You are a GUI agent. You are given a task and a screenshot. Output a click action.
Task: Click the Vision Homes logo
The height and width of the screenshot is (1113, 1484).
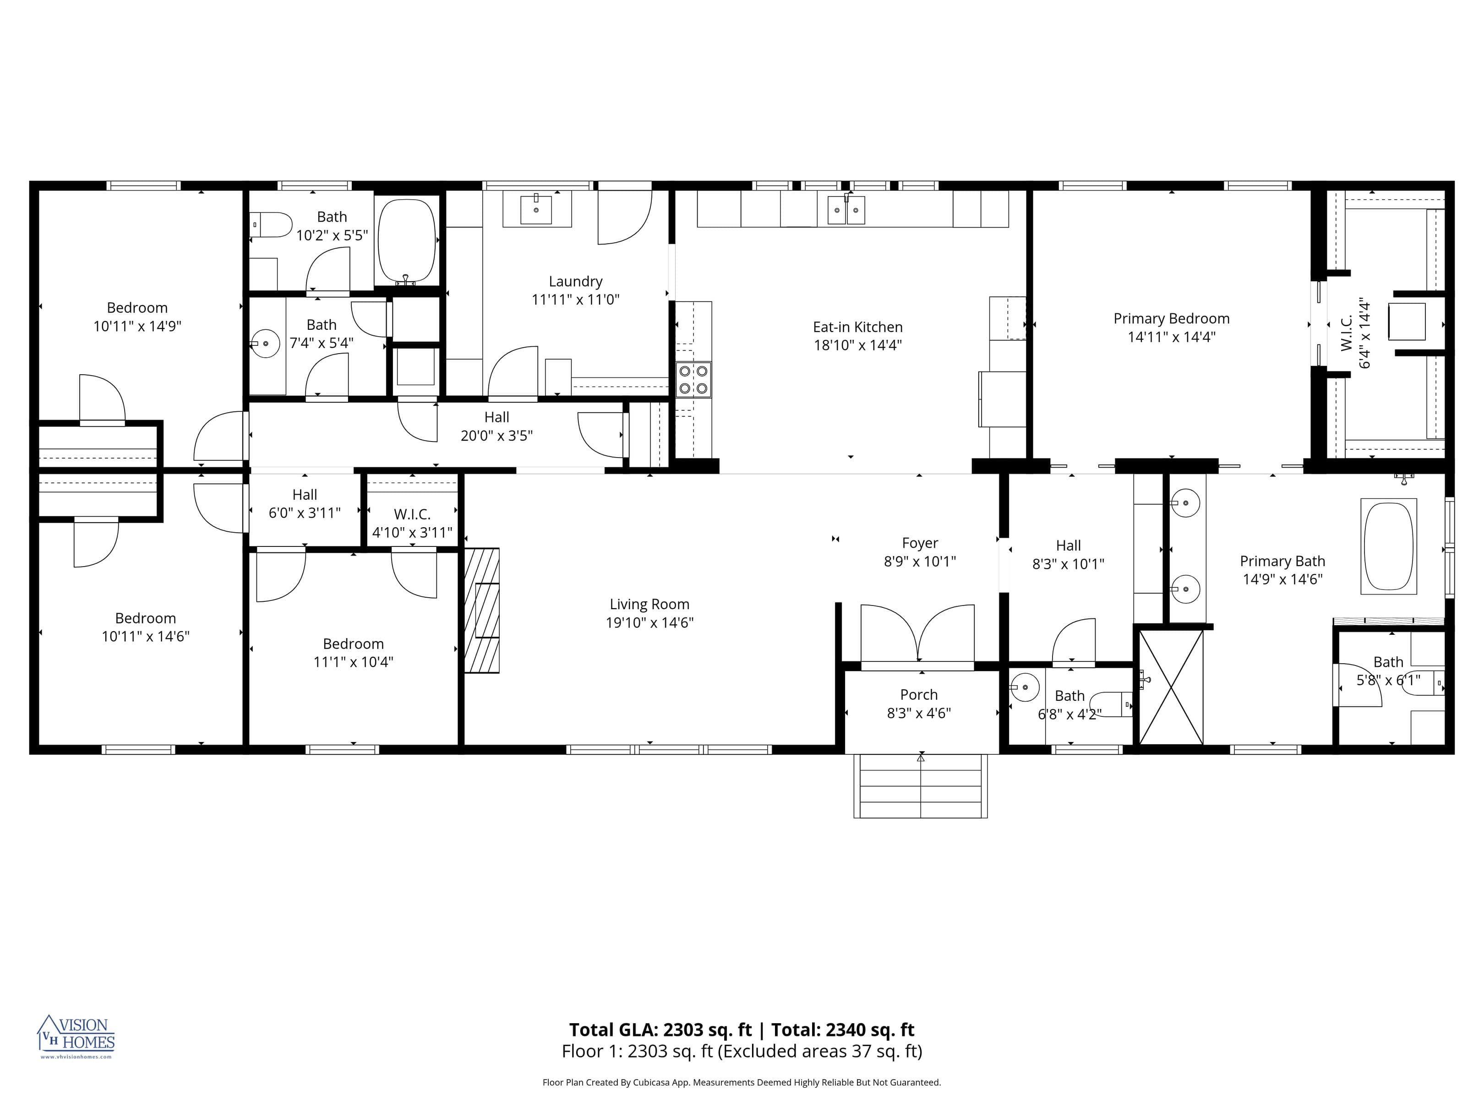76,1036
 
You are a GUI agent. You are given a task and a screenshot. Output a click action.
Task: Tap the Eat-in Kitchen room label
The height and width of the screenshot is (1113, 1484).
857,327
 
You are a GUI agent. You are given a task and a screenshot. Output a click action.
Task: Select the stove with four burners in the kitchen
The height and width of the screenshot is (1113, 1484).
693,380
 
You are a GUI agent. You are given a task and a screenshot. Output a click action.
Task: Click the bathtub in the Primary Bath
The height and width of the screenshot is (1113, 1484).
1388,546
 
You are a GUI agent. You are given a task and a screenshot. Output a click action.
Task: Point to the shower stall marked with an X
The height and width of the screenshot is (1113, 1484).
1171,687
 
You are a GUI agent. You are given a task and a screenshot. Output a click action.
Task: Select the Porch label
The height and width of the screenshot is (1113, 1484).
918,695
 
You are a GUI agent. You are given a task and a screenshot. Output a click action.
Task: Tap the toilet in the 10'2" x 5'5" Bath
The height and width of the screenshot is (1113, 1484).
272,225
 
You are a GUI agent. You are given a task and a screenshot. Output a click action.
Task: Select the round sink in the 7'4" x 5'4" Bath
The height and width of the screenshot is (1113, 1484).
267,344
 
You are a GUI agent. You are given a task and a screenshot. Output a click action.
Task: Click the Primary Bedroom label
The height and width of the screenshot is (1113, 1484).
1171,319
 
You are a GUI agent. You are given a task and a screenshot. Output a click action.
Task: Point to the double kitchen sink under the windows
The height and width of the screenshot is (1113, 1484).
846,210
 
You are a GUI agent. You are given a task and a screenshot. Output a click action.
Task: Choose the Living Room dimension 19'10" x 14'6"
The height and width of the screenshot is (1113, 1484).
649,622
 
